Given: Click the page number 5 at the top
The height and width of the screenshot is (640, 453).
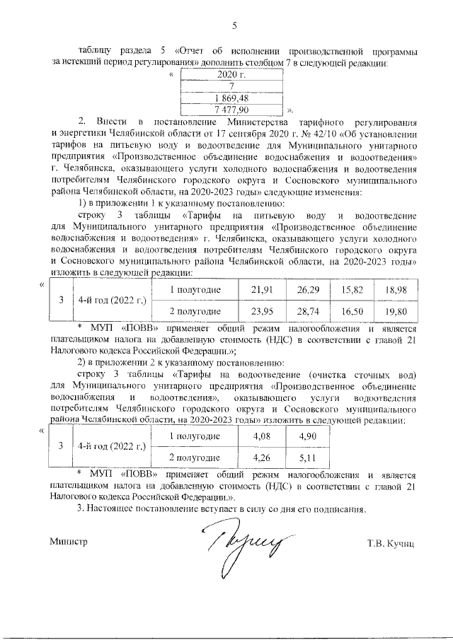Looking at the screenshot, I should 234,27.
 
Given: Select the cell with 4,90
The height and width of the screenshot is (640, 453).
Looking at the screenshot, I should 307,436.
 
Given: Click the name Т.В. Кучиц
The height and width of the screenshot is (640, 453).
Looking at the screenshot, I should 389,543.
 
